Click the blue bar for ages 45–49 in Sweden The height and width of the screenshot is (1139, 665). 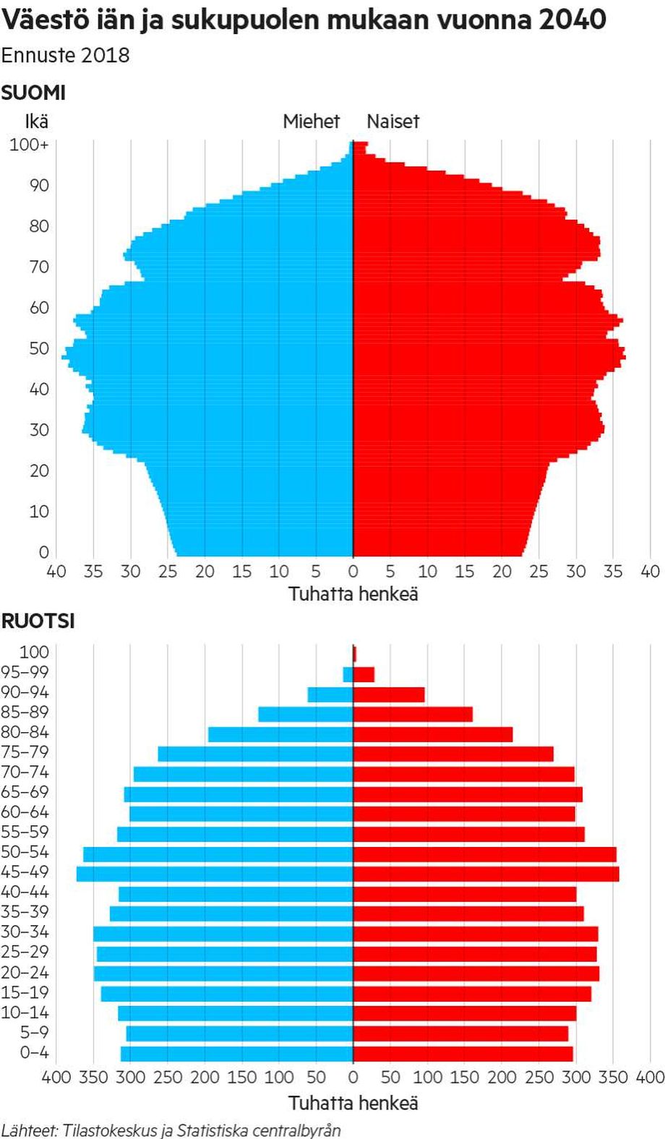tap(215, 873)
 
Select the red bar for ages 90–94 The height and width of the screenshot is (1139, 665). tap(389, 695)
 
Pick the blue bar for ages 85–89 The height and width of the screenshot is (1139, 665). tap(305, 714)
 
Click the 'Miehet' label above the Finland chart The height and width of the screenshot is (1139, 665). tap(311, 121)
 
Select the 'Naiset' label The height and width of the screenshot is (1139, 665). tap(392, 121)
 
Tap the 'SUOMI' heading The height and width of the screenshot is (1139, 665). tap(33, 93)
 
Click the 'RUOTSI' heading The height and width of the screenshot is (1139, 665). tap(38, 621)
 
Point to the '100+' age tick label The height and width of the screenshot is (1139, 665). tap(29, 145)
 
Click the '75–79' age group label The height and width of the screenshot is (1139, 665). tap(25, 752)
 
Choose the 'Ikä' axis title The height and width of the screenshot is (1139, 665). tap(36, 121)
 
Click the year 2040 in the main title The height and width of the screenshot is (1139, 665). tap(572, 20)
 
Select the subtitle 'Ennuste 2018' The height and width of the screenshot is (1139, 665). tap(65, 56)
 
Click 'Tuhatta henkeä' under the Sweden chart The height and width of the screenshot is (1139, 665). tap(353, 1103)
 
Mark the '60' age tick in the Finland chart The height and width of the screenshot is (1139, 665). tap(39, 308)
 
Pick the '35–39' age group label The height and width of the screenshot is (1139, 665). tap(25, 912)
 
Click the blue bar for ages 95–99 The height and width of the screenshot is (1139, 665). tap(348, 674)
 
